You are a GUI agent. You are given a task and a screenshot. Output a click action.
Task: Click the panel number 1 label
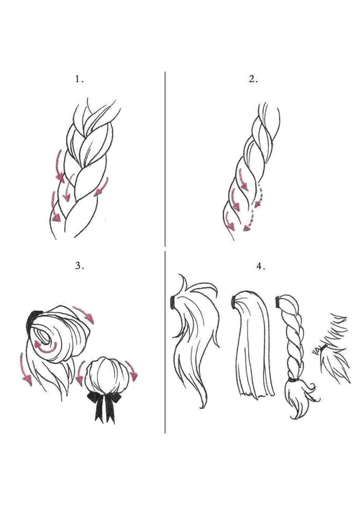[79, 79]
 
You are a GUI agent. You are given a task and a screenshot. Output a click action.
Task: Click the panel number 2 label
[253, 79]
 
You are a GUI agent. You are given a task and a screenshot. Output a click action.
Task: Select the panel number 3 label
[80, 266]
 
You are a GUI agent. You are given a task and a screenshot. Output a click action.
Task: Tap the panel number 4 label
[261, 266]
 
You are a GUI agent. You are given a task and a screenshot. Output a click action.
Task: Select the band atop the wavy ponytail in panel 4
[173, 302]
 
